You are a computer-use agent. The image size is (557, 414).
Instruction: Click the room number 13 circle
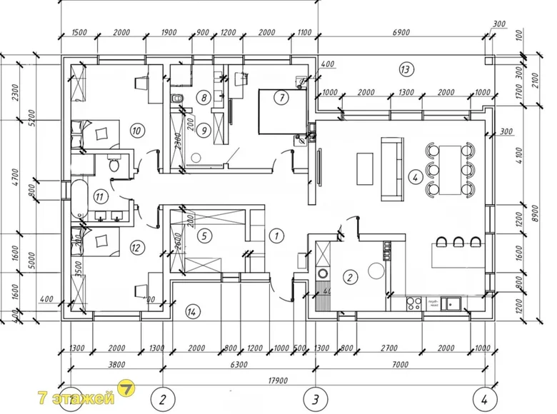(x=405, y=69)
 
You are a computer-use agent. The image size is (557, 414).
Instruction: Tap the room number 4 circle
(x=413, y=177)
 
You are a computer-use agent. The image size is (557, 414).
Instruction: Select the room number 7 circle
(x=281, y=97)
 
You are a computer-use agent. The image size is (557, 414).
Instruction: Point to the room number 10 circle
(x=136, y=130)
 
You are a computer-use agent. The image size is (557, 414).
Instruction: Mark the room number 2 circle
(x=350, y=277)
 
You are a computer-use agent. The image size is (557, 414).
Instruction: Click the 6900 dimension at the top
(x=401, y=34)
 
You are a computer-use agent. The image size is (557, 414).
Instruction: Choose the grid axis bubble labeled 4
(x=484, y=398)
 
